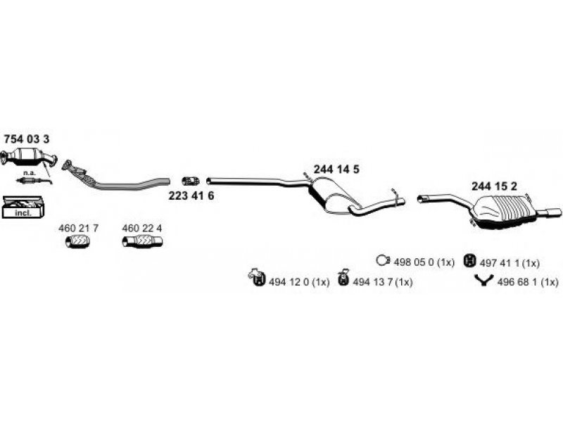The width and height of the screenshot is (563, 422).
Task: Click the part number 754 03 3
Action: pyautogui.click(x=27, y=139)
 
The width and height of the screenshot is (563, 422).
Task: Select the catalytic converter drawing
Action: pyautogui.click(x=29, y=157)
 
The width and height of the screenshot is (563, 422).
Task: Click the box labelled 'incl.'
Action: pyautogui.click(x=23, y=207)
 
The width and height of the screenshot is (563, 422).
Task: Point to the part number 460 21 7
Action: pyautogui.click(x=78, y=228)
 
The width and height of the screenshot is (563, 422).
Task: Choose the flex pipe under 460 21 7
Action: pyautogui.click(x=77, y=241)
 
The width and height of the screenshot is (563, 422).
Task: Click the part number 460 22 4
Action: pyautogui.click(x=142, y=228)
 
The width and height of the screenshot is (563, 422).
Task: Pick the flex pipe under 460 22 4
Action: pyautogui.click(x=142, y=241)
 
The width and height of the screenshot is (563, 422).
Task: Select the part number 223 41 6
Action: pyautogui.click(x=191, y=196)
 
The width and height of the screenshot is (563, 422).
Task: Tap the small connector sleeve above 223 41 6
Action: pyautogui.click(x=191, y=181)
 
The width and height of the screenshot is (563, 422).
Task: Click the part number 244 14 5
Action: pyautogui.click(x=336, y=170)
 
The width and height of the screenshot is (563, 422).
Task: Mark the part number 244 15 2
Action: pyautogui.click(x=495, y=186)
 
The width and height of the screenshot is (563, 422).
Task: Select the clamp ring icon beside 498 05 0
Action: pyautogui.click(x=383, y=260)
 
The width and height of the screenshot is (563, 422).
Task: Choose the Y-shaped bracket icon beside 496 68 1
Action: pyautogui.click(x=483, y=280)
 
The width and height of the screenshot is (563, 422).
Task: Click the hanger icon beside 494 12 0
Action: pyautogui.click(x=257, y=278)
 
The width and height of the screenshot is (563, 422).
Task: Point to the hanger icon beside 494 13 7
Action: pyautogui.click(x=343, y=277)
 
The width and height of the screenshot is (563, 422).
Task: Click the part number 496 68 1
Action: pyautogui.click(x=528, y=282)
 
